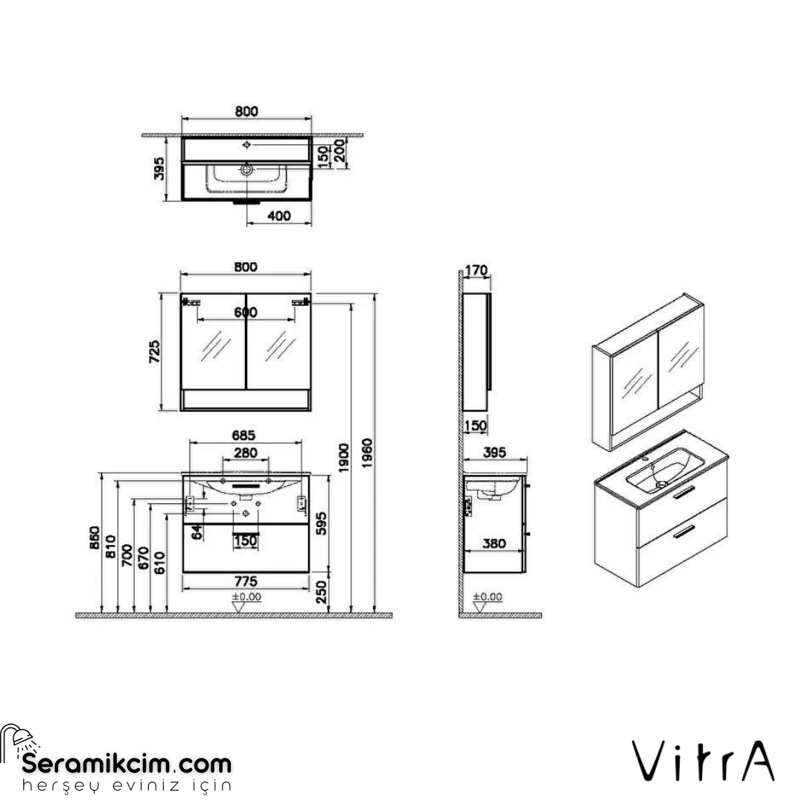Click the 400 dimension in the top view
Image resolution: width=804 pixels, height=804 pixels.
click(278, 216)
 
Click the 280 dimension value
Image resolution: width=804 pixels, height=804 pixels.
click(246, 453)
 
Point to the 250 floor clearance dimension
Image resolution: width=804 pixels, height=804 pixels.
click(321, 593)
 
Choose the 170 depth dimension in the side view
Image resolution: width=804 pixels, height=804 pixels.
click(476, 269)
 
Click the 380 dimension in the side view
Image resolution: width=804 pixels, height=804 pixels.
click(494, 543)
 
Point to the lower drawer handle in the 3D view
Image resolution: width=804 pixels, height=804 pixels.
click(683, 530)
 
